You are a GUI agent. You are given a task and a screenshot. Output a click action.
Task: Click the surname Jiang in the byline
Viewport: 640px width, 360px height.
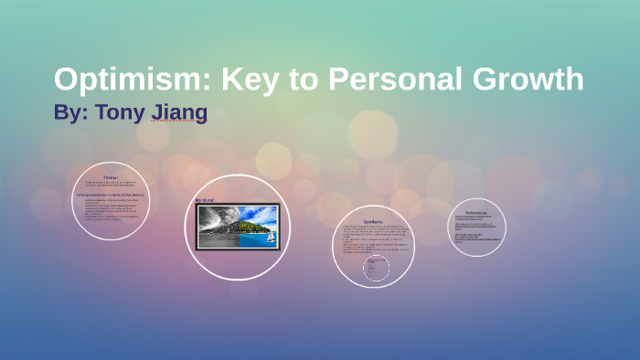click(181, 113)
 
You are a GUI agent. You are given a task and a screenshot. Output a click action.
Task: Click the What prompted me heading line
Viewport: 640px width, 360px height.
click(111, 195)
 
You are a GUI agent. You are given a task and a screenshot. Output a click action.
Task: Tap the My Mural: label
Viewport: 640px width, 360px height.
click(205, 199)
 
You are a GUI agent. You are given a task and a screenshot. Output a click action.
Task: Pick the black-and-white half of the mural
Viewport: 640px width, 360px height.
click(218, 226)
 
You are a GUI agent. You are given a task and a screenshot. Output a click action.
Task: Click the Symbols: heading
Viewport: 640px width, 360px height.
click(373, 221)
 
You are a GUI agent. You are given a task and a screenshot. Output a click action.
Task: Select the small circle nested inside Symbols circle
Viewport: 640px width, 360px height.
click(377, 268)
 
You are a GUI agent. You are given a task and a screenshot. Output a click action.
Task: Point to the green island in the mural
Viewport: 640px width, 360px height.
click(252, 224)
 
